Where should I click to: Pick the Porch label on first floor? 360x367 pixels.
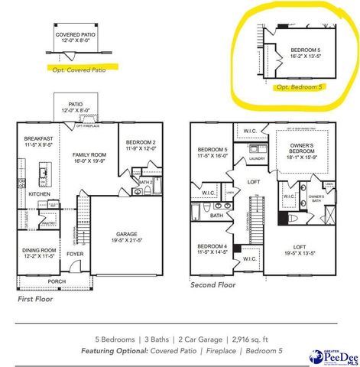[x=56, y=282]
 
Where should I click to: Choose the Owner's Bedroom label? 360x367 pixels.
[x=301, y=148]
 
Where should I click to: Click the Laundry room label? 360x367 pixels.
[x=257, y=158]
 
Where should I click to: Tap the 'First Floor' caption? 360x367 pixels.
[x=37, y=300]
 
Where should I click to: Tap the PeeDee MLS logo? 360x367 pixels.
[x=333, y=356]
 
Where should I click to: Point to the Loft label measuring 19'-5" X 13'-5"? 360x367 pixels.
[x=301, y=247]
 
